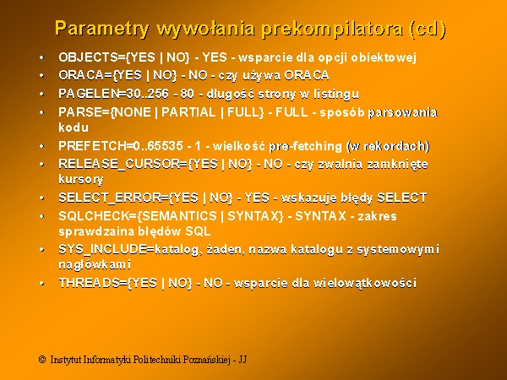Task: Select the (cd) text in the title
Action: pyautogui.click(x=428, y=30)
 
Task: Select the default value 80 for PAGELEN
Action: pyautogui.click(x=188, y=94)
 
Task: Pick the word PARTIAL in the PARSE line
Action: pyautogui.click(x=188, y=112)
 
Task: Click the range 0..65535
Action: pyautogui.click(x=158, y=146)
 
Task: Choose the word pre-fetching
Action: pyautogui.click(x=305, y=146)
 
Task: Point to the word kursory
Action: pyautogui.click(x=81, y=180)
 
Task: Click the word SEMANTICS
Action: pyautogui.click(x=179, y=216)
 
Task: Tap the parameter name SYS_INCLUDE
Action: pyautogui.click(x=102, y=249)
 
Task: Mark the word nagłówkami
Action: pyautogui.click(x=95, y=265)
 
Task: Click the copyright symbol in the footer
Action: pyautogui.click(x=42, y=360)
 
